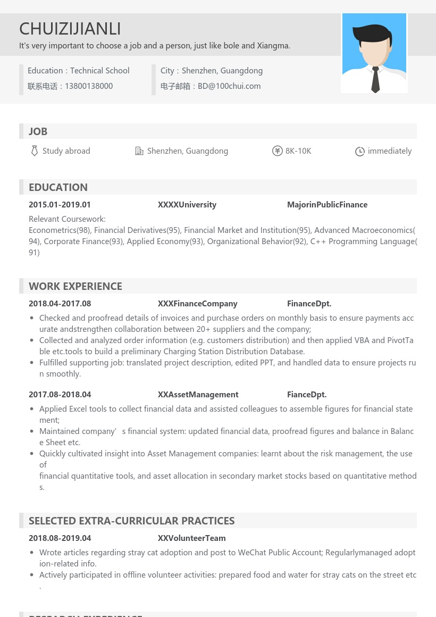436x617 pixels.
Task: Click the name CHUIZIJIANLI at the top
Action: [70, 28]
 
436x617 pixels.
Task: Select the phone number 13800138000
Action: [89, 86]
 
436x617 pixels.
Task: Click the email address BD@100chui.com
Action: [229, 86]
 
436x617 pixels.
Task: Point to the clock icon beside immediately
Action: [360, 152]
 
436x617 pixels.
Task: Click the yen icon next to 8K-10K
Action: [277, 151]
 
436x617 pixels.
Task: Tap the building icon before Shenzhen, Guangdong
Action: [139, 151]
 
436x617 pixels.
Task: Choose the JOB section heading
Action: [38, 131]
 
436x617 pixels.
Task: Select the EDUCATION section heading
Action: [58, 187]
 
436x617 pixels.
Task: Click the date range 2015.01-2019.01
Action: [60, 205]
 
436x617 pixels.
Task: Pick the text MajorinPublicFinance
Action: [327, 205]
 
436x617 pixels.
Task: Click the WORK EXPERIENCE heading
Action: [76, 286]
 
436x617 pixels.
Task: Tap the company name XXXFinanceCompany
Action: [197, 304]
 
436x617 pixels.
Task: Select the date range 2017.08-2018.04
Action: [60, 395]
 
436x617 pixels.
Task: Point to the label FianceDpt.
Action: [307, 395]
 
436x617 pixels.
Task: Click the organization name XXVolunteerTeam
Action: [191, 538]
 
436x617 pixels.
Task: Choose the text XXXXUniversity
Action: [187, 205]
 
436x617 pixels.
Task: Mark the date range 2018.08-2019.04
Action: [60, 538]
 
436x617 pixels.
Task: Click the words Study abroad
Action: [66, 151]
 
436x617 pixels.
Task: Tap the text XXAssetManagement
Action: [198, 395]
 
